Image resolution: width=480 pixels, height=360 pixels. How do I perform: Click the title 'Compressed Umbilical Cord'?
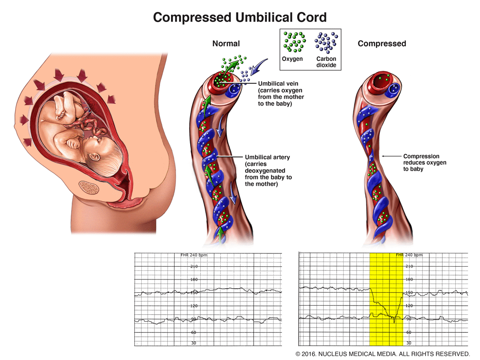pyautogui.click(x=240, y=17)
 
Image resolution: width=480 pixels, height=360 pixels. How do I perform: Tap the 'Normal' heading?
pyautogui.click(x=226, y=44)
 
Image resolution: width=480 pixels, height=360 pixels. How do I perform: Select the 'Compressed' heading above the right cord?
pyautogui.click(x=382, y=44)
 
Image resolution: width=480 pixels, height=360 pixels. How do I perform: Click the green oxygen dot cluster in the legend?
pyautogui.click(x=293, y=42)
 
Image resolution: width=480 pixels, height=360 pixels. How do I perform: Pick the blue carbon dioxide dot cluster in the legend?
pyautogui.click(x=326, y=42)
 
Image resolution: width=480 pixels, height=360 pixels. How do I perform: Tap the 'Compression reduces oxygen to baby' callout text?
pyautogui.click(x=424, y=162)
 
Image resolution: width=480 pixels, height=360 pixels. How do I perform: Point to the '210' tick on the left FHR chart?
pyautogui.click(x=194, y=266)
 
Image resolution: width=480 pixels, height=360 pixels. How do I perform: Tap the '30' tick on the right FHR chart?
pyautogui.click(x=409, y=343)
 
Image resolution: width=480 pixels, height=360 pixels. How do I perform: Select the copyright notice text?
pyautogui.click(x=382, y=354)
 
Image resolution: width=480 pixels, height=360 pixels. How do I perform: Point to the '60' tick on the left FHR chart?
pyautogui.click(x=194, y=333)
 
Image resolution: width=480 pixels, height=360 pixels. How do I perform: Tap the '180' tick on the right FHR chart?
pyautogui.click(x=409, y=279)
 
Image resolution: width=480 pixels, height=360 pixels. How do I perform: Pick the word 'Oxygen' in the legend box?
pyautogui.click(x=293, y=59)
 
